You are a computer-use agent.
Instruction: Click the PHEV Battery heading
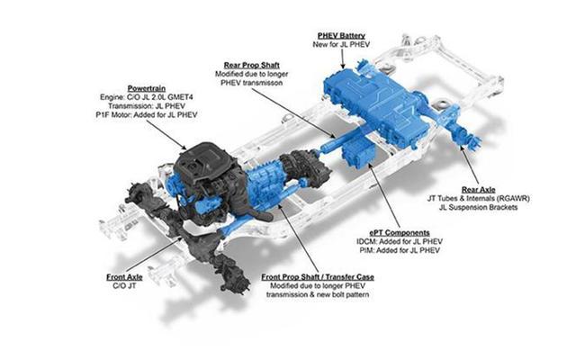[x=341, y=36]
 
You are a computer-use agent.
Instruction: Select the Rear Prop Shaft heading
[x=252, y=66]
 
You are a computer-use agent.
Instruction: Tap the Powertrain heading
[x=147, y=88]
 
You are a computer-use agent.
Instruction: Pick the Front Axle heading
[x=124, y=277]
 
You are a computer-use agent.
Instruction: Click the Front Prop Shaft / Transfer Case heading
[x=318, y=277]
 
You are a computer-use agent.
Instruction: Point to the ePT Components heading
[x=400, y=233]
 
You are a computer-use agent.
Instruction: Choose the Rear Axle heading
[x=478, y=190]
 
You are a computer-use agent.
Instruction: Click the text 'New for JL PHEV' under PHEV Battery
[x=341, y=44]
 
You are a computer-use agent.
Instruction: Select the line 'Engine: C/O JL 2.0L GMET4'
[x=147, y=97]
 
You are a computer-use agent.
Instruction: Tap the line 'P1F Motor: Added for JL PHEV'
[x=147, y=115]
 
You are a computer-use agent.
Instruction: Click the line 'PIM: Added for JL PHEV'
[x=400, y=250]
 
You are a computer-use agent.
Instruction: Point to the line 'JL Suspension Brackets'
[x=478, y=208]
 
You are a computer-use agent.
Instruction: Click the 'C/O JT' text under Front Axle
[x=124, y=286]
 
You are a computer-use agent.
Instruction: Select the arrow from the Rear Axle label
[x=470, y=164]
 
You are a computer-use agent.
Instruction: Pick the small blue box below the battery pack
[x=358, y=152]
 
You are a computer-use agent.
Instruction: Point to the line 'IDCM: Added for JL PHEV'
[x=400, y=242]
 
